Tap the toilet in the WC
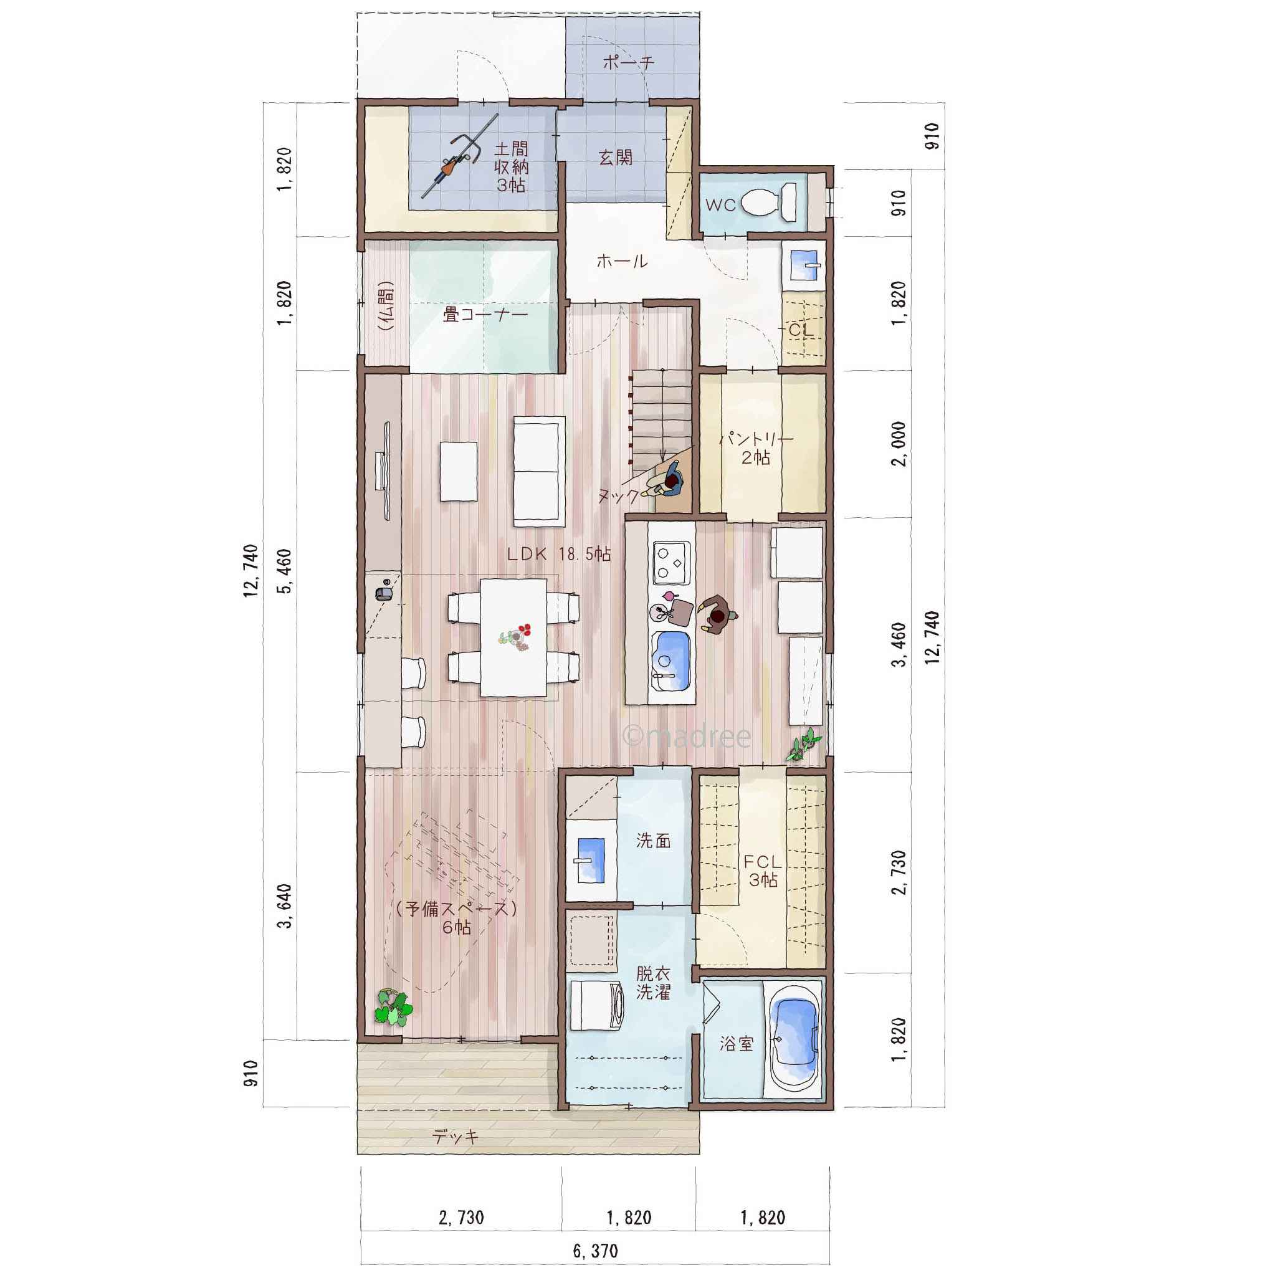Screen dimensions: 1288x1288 click(769, 202)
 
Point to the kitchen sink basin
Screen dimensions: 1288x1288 click(672, 661)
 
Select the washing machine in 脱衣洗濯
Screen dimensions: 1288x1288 click(597, 1005)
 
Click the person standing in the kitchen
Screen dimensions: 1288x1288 click(717, 613)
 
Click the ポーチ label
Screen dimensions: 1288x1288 click(629, 63)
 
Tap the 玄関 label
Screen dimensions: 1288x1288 click(615, 157)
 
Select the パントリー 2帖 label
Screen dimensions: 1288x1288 click(756, 449)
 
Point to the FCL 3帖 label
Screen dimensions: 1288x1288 click(763, 871)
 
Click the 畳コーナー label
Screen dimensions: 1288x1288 click(485, 314)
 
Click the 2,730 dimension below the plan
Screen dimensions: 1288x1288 click(461, 1218)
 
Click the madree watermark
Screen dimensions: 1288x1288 click(687, 736)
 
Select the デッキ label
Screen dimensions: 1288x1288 click(456, 1136)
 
